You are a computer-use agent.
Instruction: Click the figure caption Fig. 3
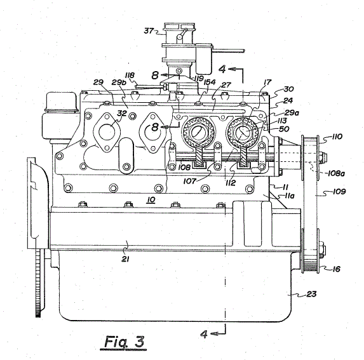coord(125,342)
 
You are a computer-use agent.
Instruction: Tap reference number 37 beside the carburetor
coord(149,30)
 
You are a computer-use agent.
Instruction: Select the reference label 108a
coord(336,173)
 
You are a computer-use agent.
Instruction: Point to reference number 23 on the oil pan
coord(311,294)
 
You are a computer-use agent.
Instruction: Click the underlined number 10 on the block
coord(151,200)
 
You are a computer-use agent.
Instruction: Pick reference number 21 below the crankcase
coord(125,259)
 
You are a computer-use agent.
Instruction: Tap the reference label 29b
coord(119,83)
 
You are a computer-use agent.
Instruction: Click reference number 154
coord(210,82)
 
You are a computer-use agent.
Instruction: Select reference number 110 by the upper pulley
coord(337,137)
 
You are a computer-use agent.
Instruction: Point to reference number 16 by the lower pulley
coord(336,269)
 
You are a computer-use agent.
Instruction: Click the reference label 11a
coord(290,196)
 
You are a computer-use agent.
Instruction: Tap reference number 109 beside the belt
coord(339,191)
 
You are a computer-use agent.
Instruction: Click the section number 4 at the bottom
coord(203,334)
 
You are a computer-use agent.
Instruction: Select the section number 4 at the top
coord(222,69)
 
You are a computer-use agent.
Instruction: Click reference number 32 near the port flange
coord(122,113)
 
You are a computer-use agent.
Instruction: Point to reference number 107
coord(190,181)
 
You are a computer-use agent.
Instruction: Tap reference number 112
coord(231,183)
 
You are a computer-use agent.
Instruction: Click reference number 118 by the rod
coord(130,75)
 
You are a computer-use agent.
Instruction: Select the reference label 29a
coord(292,113)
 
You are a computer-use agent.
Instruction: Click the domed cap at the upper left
coord(62,102)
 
